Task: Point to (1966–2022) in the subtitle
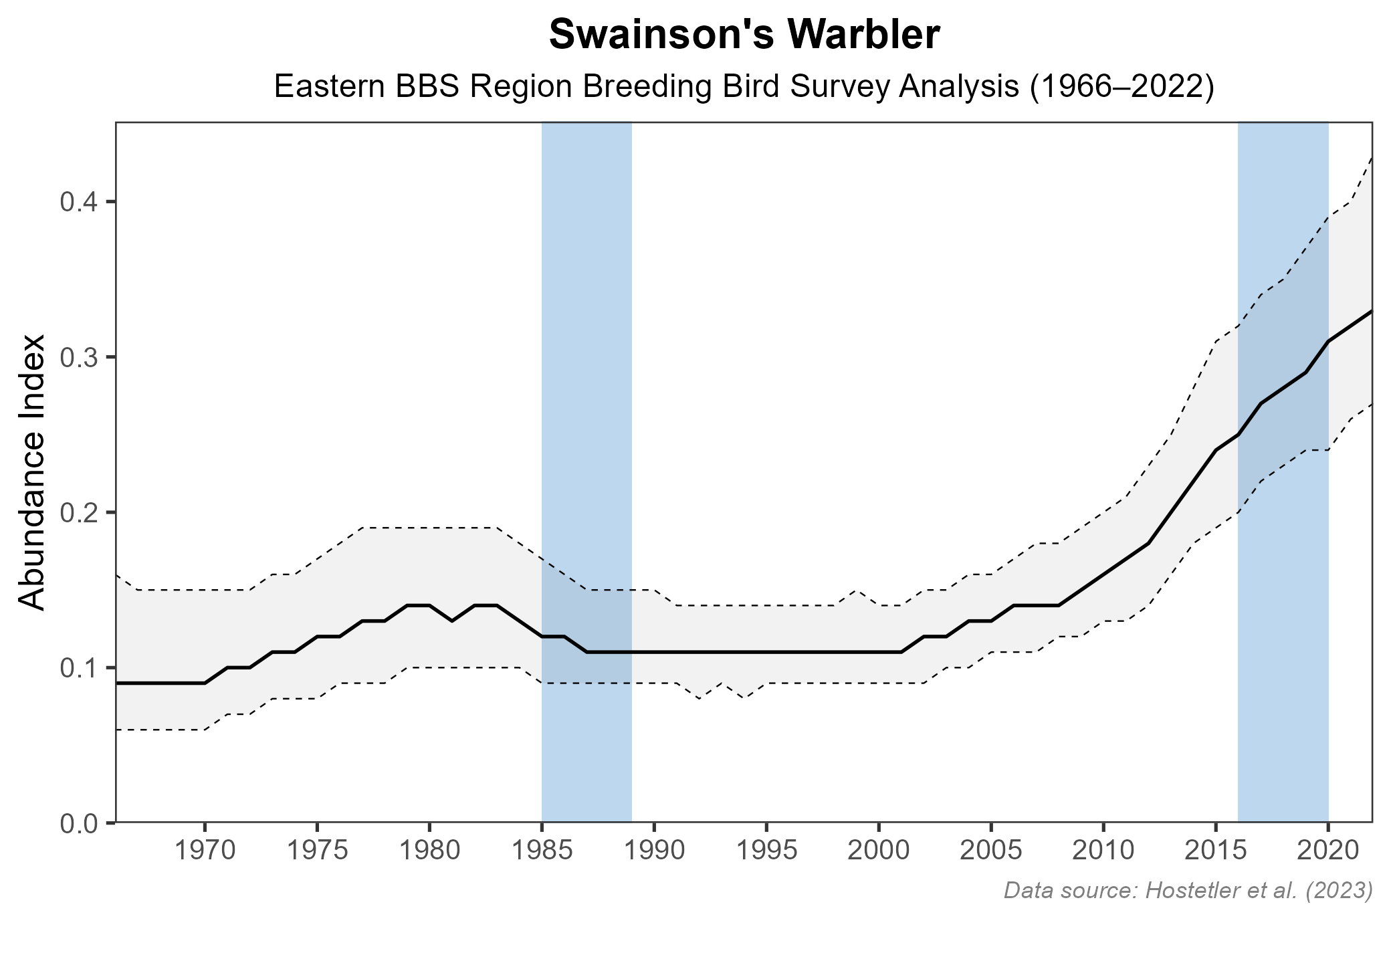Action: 1121,88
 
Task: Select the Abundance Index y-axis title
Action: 32,472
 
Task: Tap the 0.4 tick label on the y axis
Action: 79,202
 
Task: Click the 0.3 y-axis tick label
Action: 79,357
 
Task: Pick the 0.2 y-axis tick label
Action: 79,512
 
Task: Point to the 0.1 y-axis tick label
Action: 79,667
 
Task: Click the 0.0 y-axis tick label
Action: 79,823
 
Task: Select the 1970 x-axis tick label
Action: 205,851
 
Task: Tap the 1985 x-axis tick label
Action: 542,851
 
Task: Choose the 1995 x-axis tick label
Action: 766,851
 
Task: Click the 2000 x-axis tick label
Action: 879,851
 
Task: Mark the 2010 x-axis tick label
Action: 1103,851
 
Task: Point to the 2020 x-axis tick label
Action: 1328,851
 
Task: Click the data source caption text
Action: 1188,890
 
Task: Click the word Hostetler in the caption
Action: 1186,890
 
